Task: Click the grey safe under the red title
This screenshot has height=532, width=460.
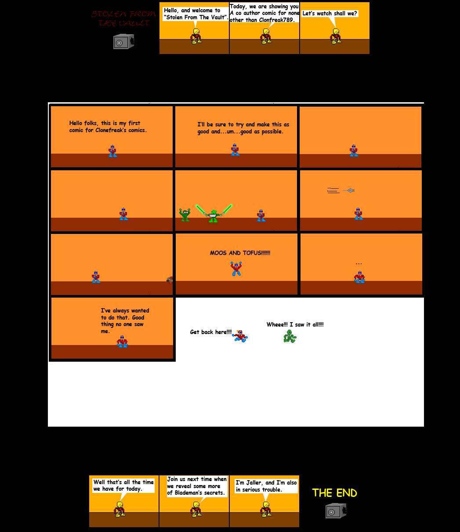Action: pos(123,41)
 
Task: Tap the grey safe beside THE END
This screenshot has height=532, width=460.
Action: pos(336,510)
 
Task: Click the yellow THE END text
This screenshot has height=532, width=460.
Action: pos(334,493)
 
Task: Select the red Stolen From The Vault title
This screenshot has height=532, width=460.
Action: pos(123,18)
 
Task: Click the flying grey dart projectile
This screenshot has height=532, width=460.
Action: pos(349,191)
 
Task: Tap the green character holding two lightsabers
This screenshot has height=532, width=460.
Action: pos(214,215)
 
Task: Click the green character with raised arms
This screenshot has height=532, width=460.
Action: pos(185,215)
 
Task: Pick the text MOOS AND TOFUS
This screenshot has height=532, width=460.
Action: pos(240,253)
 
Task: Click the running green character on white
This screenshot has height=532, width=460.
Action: pos(290,336)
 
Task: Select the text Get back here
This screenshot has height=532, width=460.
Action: pos(210,332)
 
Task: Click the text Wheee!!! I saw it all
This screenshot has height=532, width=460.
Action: pos(295,324)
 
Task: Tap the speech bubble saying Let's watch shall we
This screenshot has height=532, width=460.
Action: pos(330,14)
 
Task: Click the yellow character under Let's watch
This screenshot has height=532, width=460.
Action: pos(336,36)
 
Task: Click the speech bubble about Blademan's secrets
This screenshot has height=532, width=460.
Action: pos(196,486)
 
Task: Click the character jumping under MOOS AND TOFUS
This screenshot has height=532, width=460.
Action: pos(236,268)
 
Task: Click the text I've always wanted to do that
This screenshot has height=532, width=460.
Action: pos(125,320)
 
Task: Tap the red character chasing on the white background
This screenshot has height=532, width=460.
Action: pos(240,336)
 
